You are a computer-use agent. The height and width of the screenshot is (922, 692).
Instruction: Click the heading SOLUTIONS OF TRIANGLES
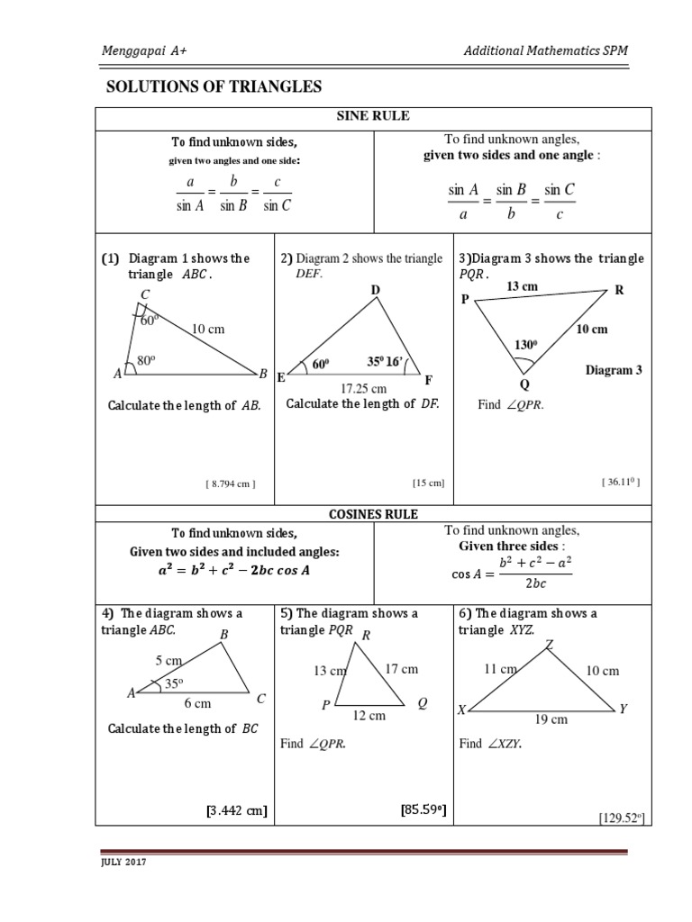(214, 86)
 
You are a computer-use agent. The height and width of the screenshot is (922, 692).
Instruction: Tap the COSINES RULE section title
(373, 514)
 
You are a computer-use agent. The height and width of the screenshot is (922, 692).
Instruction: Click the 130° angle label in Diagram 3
(525, 344)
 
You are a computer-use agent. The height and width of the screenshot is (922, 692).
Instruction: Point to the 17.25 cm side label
(363, 388)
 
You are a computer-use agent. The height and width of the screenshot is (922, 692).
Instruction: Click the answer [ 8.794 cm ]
(231, 484)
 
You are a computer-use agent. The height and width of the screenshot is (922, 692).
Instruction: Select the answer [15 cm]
(429, 484)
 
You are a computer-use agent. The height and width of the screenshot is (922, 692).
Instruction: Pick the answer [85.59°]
(423, 810)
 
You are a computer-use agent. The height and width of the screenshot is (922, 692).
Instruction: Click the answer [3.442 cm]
(237, 811)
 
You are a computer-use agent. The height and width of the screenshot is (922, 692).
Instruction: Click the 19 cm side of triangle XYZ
(551, 719)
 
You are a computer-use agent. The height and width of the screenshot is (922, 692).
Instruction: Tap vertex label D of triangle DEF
(375, 289)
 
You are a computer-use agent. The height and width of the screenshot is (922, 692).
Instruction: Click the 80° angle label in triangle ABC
(147, 361)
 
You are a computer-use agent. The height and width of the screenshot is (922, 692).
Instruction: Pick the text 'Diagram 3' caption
(614, 370)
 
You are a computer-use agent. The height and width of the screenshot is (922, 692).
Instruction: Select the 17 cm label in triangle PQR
(401, 669)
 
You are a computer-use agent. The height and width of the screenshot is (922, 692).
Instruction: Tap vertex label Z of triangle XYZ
(549, 643)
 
